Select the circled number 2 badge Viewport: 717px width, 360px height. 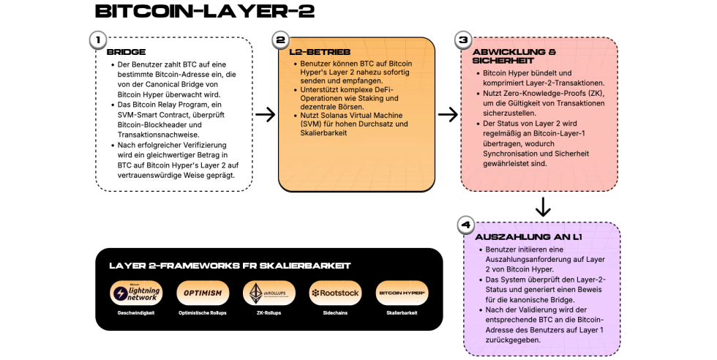pyautogui.click(x=279, y=40)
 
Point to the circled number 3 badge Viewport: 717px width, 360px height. pyautogui.click(x=462, y=40)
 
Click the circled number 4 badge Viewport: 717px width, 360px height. pyautogui.click(x=465, y=225)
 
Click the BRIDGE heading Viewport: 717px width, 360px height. pyautogui.click(x=126, y=52)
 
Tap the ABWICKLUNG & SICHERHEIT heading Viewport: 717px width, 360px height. pyautogui.click(x=514, y=56)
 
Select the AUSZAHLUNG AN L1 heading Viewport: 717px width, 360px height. pyautogui.click(x=528, y=237)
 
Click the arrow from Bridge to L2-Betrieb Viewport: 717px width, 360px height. pyautogui.click(x=265, y=114)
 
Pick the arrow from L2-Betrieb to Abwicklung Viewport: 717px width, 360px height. pyautogui.click(x=448, y=114)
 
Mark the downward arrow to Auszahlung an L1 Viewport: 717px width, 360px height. pyautogui.click(x=542, y=207)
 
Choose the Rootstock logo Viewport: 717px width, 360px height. pyautogui.click(x=334, y=293)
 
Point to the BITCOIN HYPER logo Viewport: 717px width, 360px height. pyautogui.click(x=401, y=293)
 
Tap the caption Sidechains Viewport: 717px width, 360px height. pyautogui.click(x=334, y=312)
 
